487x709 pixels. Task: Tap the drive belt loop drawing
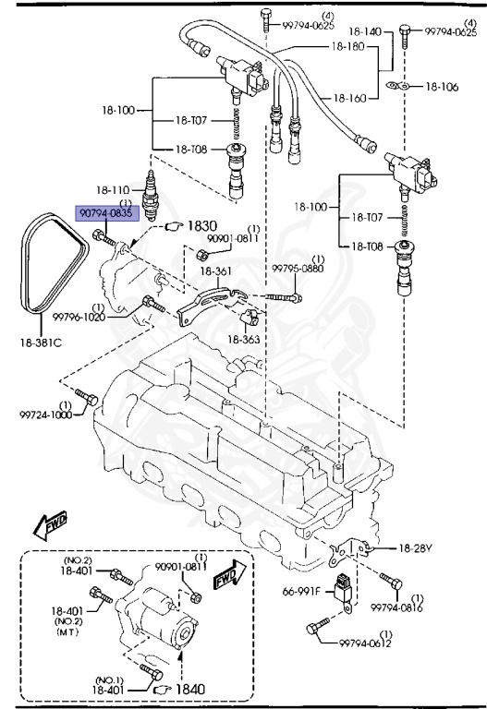(42, 268)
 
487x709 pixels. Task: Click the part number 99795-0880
(298, 269)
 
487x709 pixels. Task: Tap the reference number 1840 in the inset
(192, 687)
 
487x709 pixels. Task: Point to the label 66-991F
(301, 591)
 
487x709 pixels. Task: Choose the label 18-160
(350, 97)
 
